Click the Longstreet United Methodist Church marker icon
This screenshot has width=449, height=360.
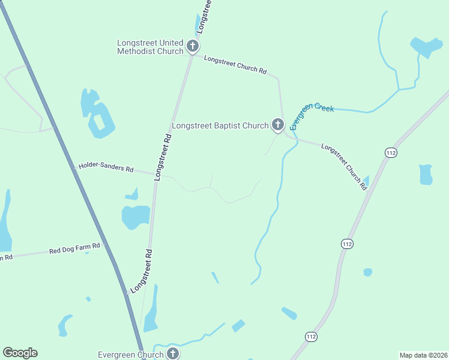193,46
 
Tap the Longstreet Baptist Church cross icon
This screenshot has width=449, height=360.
277,125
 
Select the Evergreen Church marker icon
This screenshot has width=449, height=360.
173,353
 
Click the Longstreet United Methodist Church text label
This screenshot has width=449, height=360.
151,47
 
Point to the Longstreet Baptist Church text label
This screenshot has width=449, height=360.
220,126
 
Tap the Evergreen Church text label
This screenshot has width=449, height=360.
131,355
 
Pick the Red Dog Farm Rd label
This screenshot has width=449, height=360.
75,249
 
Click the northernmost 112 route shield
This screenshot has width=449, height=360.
391,153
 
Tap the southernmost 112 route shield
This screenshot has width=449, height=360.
310,337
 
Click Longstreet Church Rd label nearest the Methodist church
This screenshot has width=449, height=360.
235,65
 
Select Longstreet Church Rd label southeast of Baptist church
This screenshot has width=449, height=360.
344,166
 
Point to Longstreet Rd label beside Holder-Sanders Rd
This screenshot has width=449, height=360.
163,157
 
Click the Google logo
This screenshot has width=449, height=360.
20,353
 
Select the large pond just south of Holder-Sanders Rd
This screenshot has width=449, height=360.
135,217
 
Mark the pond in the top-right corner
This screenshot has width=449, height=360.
426,47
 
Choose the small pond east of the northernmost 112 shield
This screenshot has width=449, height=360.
426,175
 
